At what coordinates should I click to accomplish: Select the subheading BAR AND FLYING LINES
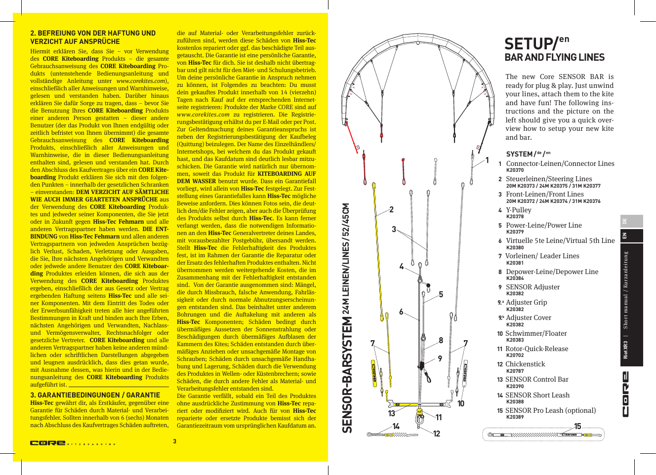click(x=554, y=57)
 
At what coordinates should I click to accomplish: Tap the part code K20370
click(x=515, y=170)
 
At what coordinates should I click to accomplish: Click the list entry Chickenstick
click(x=525, y=364)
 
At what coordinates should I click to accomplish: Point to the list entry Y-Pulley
click(x=518, y=210)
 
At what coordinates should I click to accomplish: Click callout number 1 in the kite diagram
click(x=487, y=160)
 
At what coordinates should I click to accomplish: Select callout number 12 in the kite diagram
click(x=437, y=434)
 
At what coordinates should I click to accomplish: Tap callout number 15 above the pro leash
click(x=577, y=426)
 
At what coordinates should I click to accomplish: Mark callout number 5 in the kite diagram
click(x=441, y=294)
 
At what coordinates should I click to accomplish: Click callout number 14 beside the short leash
click(x=396, y=426)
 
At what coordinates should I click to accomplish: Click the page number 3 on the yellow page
click(x=174, y=441)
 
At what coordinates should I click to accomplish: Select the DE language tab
click(x=624, y=221)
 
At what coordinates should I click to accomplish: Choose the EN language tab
click(x=624, y=236)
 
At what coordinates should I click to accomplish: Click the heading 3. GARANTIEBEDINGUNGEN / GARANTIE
click(x=95, y=395)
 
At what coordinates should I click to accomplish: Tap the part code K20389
click(x=515, y=417)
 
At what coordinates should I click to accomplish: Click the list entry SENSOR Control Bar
click(x=536, y=379)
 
